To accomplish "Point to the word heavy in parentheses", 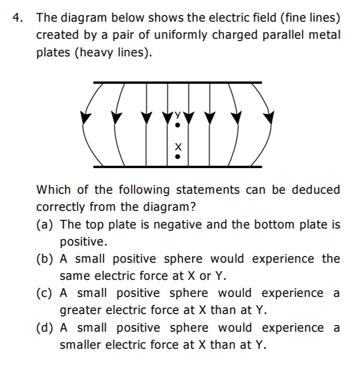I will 103,52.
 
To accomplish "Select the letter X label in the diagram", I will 177,145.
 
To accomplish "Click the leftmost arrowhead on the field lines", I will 86,119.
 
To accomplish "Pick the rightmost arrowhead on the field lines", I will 269,119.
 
